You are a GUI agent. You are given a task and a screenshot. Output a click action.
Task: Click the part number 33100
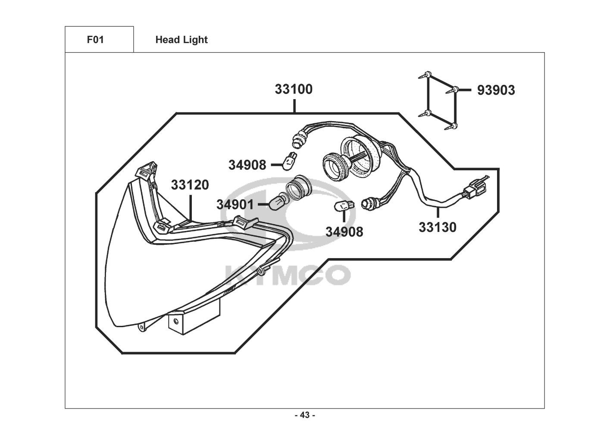coord(294,90)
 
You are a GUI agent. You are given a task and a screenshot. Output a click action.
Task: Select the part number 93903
coord(496,90)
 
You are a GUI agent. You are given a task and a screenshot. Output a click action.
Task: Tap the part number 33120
coord(190,185)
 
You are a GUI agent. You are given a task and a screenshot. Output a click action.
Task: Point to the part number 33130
coord(437,227)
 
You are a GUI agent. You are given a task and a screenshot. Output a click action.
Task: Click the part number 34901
coord(235,204)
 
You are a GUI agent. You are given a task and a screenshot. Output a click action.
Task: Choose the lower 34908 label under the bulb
coord(344,231)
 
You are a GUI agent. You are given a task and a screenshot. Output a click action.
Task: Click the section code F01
coord(95,40)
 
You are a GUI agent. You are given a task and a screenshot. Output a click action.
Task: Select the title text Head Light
coord(181,40)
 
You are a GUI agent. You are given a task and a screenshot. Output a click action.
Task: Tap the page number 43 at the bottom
coord(305,415)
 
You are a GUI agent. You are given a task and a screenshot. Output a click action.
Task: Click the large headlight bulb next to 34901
coord(276,203)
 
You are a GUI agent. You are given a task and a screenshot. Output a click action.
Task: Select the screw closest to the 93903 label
coord(454,91)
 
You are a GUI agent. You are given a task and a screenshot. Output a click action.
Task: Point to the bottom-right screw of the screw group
coord(454,126)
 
